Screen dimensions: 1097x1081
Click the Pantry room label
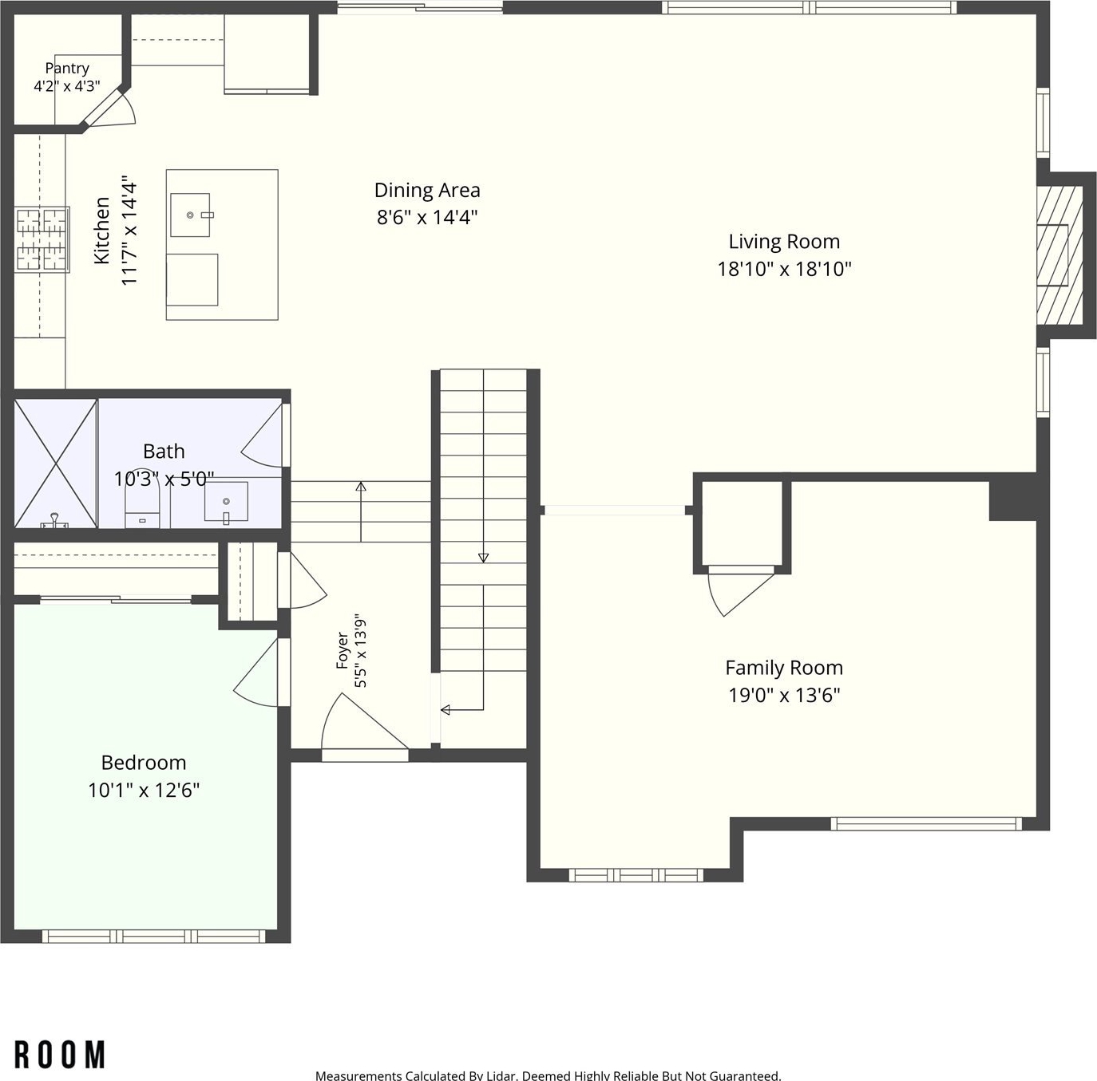(67, 69)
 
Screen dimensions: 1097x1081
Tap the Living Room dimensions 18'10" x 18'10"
(784, 269)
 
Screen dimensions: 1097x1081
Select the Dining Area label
(427, 190)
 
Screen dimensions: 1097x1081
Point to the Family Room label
(784, 668)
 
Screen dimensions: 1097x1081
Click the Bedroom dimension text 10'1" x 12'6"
(144, 790)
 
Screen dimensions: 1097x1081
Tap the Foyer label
(343, 650)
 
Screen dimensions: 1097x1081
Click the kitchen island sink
(190, 215)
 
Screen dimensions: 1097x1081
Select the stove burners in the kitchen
(42, 239)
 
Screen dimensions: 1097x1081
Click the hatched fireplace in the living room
(1059, 255)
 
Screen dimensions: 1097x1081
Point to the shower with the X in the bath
(56, 463)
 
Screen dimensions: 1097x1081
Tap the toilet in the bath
(142, 506)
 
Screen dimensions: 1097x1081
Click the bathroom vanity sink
(226, 501)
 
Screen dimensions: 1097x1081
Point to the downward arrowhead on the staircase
(483, 558)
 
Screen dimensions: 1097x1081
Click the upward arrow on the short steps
(361, 511)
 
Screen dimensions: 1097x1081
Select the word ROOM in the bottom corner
(60, 1054)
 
